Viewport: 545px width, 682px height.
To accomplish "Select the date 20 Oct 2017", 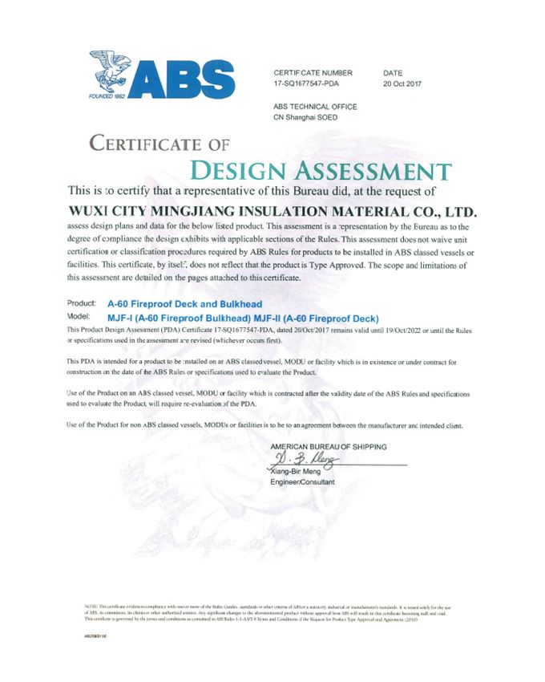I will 402,83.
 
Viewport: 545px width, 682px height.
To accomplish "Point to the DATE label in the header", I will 394,72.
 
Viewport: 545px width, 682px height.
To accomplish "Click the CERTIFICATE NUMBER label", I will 313,72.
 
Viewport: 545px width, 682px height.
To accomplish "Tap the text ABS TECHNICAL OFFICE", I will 315,107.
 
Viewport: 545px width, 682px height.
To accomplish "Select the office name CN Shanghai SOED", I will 305,117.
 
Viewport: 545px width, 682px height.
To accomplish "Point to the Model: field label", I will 80,318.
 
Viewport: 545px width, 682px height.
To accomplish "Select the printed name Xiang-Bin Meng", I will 301,472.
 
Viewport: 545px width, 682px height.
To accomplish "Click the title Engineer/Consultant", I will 303,482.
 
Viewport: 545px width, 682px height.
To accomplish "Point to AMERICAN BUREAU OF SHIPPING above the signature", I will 329,446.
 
